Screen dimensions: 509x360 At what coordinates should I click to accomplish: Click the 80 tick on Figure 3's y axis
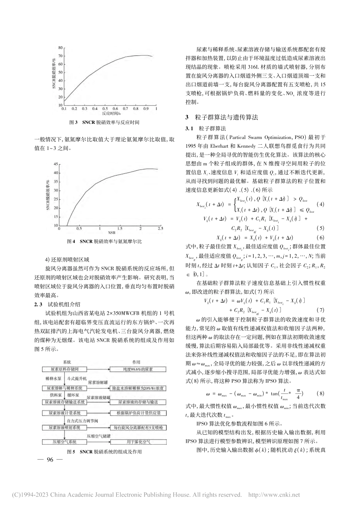point(59,48)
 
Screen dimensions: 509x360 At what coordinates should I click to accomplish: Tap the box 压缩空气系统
point(64,442)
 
